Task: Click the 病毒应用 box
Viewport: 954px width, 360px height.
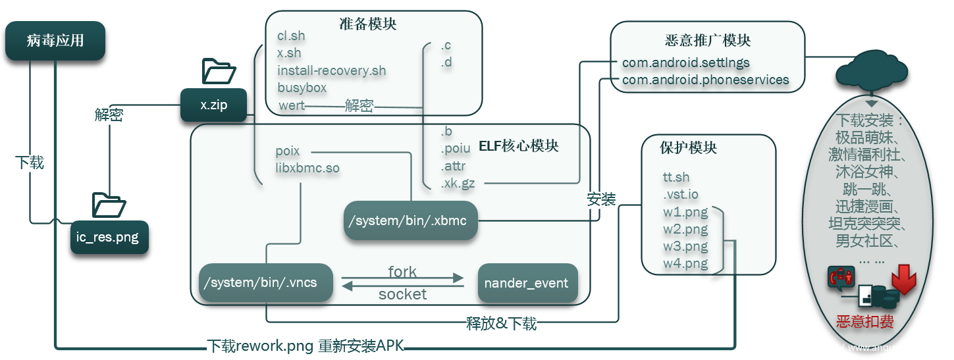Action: [x=55, y=41]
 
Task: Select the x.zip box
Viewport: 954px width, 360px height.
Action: [x=214, y=105]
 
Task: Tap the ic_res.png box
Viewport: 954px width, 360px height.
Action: [x=109, y=237]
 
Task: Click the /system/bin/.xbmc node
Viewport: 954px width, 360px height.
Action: [x=410, y=220]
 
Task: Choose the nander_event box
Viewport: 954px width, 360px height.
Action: [x=526, y=283]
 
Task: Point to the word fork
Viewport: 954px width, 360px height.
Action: [x=402, y=272]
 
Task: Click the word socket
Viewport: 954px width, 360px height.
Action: [x=402, y=294]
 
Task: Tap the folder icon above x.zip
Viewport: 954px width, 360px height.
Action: [x=219, y=70]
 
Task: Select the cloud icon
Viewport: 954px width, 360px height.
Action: [x=870, y=73]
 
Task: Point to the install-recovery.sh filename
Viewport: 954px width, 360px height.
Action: [x=331, y=70]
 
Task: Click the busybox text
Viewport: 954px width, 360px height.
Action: [x=302, y=88]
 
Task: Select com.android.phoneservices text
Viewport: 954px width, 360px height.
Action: [x=705, y=80]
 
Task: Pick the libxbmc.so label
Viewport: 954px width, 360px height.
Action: [x=307, y=168]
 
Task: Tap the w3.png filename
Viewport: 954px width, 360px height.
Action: [x=685, y=247]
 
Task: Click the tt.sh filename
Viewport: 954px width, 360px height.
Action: [x=676, y=177]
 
